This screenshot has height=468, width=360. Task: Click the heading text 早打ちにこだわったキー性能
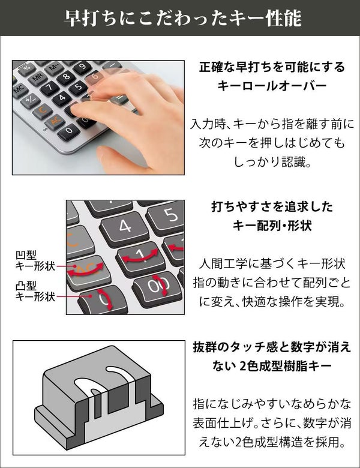click(x=182, y=19)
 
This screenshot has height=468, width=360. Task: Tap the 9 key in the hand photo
click(x=82, y=67)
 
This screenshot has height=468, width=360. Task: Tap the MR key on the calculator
click(x=38, y=78)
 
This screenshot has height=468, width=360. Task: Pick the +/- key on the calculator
click(x=30, y=100)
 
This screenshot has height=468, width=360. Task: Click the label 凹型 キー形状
click(x=35, y=261)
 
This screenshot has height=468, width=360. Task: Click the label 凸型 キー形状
click(x=35, y=292)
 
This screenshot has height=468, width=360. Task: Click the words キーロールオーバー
click(x=272, y=86)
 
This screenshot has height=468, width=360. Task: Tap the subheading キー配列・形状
click(x=272, y=226)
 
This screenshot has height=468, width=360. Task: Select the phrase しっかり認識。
click(x=272, y=162)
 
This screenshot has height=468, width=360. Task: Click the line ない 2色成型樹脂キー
click(x=272, y=365)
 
